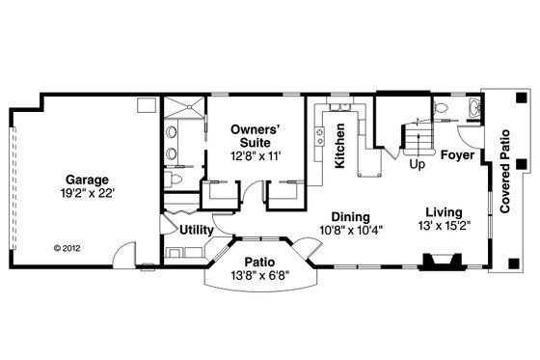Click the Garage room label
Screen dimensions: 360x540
click(87, 180)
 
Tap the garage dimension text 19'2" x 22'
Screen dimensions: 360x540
click(87, 193)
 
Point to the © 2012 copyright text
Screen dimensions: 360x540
click(67, 246)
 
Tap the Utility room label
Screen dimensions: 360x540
click(197, 230)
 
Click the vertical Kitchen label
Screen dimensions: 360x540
click(340, 152)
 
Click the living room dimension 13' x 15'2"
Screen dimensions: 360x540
click(444, 227)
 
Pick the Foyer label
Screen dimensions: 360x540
click(456, 154)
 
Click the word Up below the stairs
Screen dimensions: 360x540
click(418, 164)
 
